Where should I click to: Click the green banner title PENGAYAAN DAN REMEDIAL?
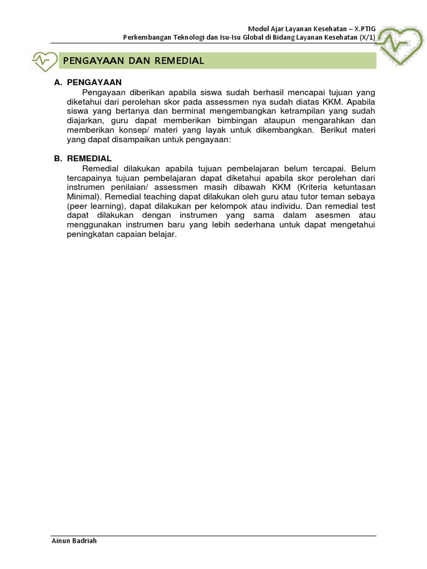pos(133,61)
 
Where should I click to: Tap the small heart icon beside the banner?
pos(44,61)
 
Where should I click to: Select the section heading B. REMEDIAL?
pos(83,158)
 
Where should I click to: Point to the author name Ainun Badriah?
pos(74,541)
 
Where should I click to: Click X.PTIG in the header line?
pos(362,28)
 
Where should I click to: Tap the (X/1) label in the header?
pos(368,38)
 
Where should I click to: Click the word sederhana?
pos(266,224)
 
